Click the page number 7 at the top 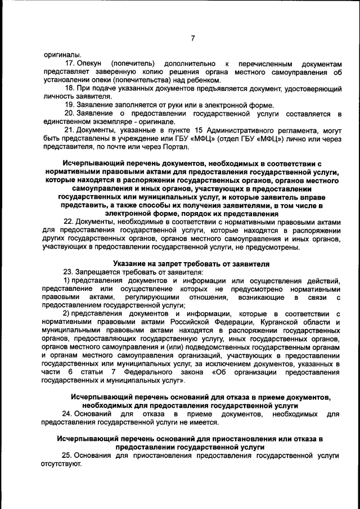pyautogui.click(x=192, y=38)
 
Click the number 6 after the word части pyautogui.click(x=70, y=372)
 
